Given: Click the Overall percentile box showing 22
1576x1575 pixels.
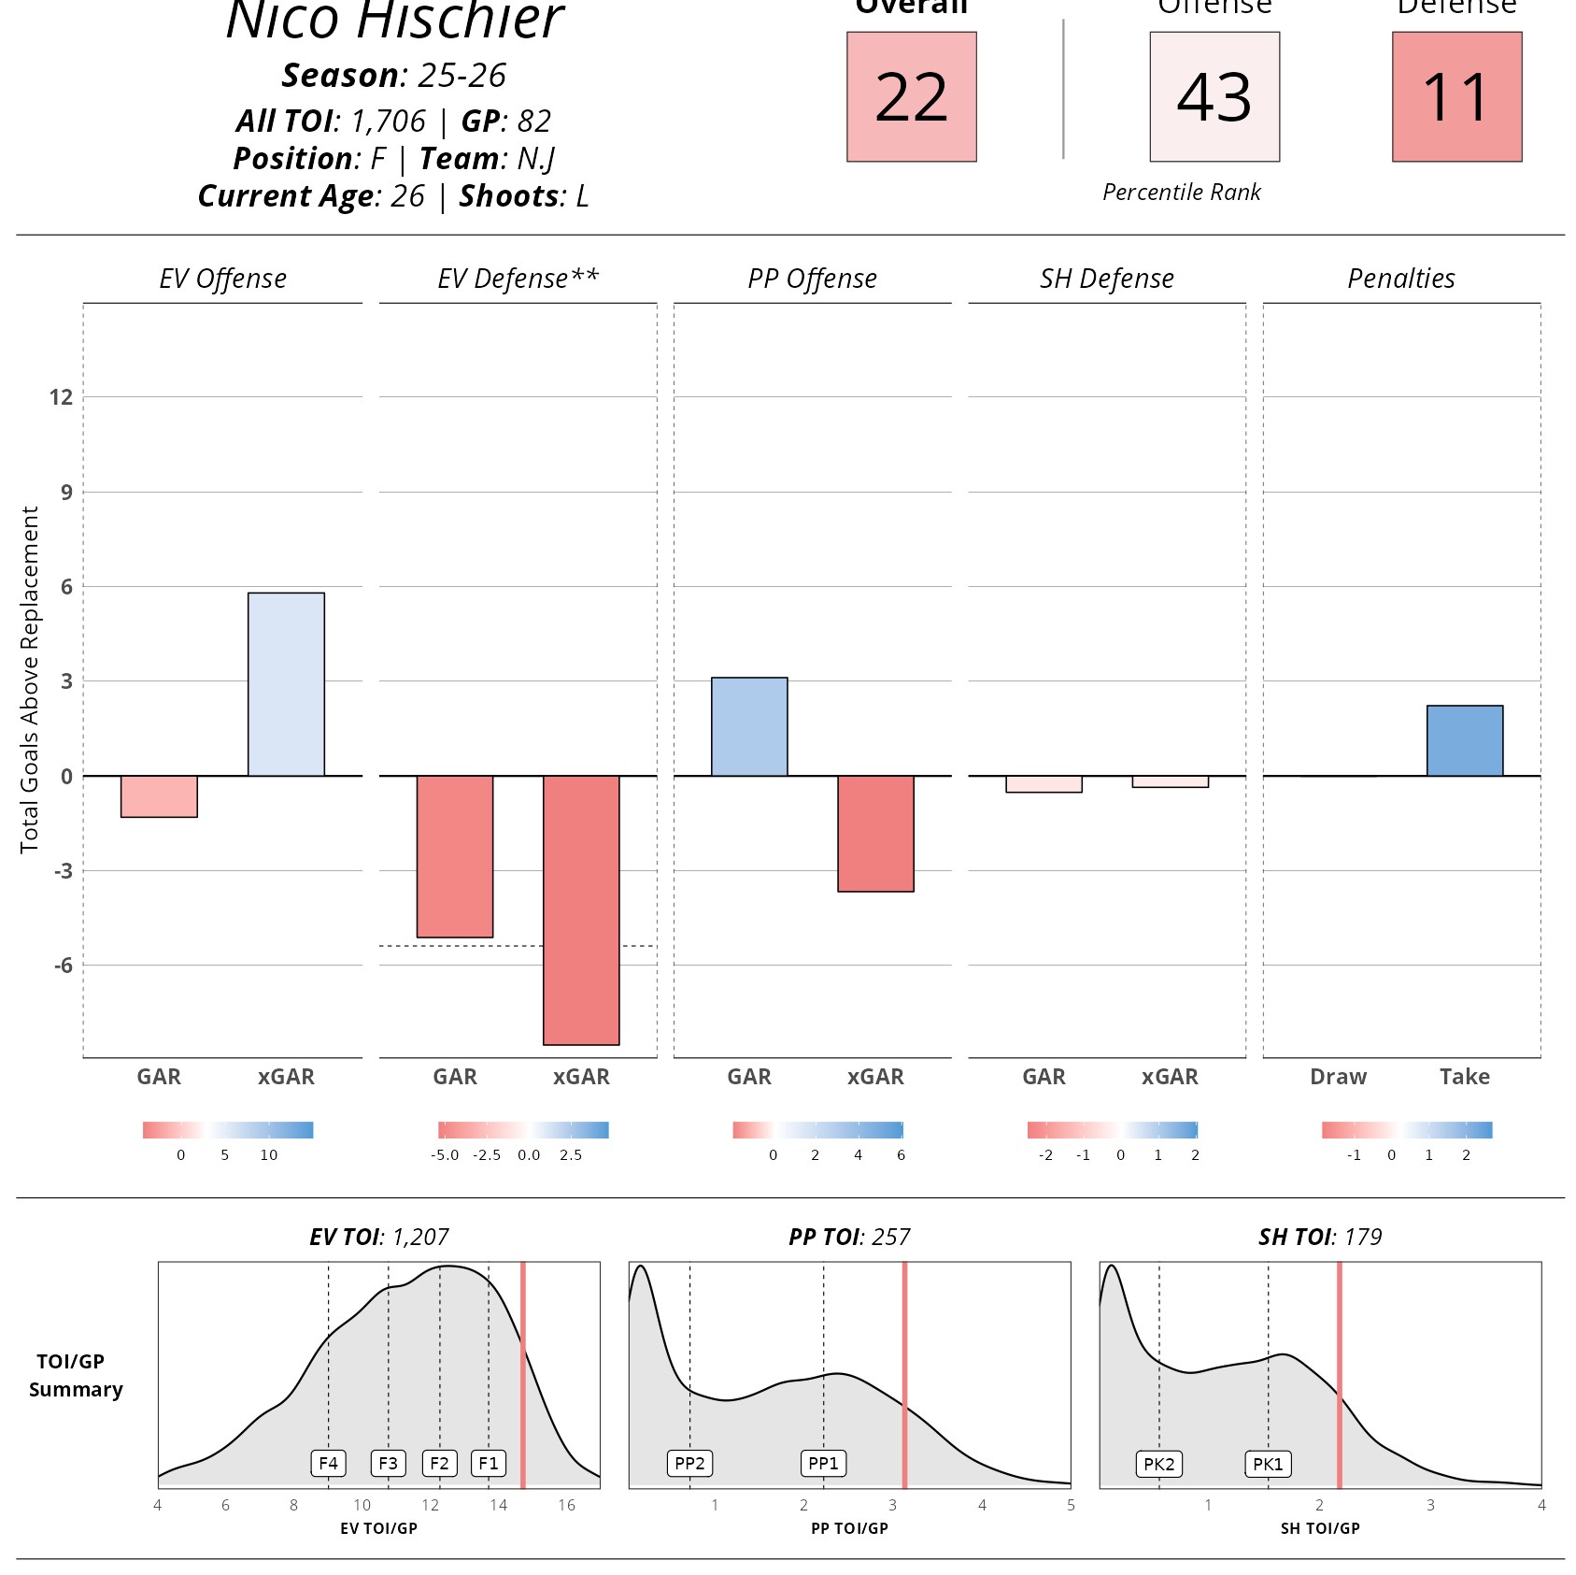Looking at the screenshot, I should coord(911,96).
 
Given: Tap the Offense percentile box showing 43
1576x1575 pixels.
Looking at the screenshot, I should coord(1214,96).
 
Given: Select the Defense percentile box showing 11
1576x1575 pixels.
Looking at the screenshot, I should coord(1456,96).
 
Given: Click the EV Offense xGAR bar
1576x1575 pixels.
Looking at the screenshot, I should coord(286,684).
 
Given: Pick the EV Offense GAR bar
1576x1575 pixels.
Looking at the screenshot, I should coord(159,796).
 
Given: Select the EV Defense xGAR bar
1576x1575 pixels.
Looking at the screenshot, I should coord(581,909).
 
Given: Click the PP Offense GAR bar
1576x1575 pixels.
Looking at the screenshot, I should coord(749,726).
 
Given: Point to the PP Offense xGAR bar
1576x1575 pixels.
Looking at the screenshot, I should coord(875,834).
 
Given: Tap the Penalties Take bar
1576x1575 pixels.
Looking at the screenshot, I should coord(1464,740).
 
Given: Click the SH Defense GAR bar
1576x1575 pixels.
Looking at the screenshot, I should coord(1044,784).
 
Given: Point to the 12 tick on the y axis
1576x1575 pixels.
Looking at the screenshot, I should coord(61,397).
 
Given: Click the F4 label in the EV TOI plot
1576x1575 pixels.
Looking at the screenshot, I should coord(328,1463).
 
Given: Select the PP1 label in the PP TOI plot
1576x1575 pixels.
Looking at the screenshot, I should coord(823,1463).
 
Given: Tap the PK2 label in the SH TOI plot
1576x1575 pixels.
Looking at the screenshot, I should coord(1158,1464).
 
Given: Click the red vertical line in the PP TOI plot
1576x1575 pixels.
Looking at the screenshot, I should coord(904,1374).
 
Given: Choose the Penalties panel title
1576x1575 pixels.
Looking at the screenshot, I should coord(1400,279).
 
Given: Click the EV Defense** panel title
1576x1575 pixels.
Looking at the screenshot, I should coord(518,279).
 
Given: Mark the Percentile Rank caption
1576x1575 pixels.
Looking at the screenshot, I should coord(1181,193).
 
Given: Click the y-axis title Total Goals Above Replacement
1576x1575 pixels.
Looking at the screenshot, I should coord(30,680).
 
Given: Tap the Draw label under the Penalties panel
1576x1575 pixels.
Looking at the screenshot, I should coord(1338,1077).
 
